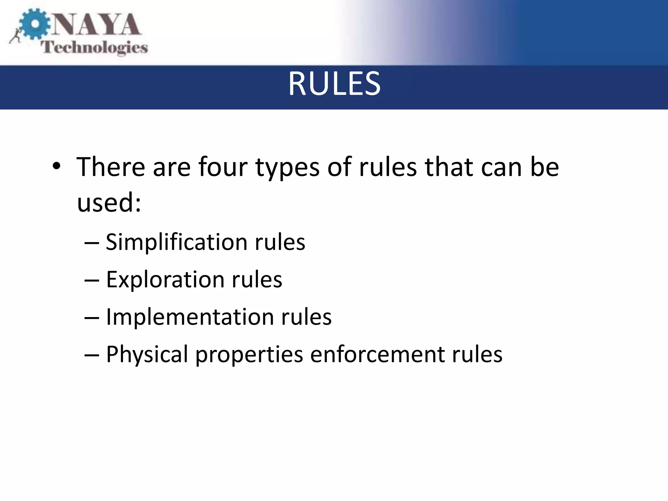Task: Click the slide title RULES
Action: pos(334,84)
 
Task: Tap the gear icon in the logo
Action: pos(34,25)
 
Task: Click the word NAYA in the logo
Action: pos(97,25)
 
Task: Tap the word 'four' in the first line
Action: pos(223,167)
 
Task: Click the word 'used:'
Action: pos(109,202)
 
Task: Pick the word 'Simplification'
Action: pos(176,242)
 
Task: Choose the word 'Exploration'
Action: pos(165,280)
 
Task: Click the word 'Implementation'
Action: pos(190,317)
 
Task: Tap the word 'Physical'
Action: pos(147,355)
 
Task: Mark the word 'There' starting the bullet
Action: pos(111,167)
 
